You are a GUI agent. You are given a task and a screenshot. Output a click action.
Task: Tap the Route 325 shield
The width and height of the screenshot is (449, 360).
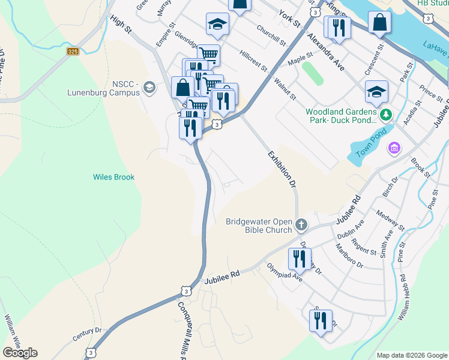(73, 52)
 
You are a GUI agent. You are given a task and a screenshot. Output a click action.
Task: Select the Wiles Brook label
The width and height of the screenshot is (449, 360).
(113, 177)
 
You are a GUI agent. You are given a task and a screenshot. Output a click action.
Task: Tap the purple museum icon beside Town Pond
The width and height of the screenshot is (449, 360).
(394, 148)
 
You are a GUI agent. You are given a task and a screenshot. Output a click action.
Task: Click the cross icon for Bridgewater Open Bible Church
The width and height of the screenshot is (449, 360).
(301, 226)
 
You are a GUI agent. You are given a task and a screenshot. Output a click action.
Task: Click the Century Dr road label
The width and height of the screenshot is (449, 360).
(87, 334)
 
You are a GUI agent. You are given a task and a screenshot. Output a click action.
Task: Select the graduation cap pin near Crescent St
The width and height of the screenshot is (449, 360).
(376, 92)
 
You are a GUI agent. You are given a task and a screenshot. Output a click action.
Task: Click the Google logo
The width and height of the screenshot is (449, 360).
(20, 352)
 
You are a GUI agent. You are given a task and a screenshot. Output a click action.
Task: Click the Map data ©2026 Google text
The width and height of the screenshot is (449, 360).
(411, 355)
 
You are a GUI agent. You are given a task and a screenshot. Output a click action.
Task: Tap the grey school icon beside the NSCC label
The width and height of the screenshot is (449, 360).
(149, 89)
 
